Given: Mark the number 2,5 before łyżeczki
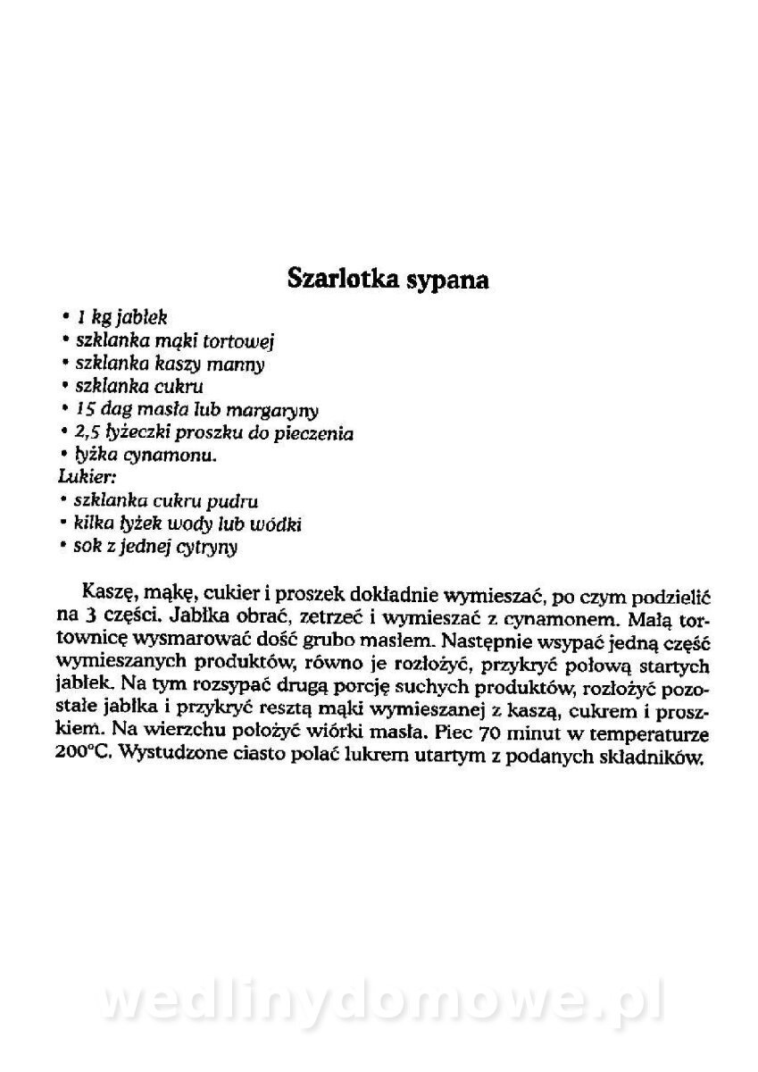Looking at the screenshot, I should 88,433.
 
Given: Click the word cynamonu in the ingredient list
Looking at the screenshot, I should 178,456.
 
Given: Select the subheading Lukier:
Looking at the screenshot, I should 80,477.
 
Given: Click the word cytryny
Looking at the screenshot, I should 206,547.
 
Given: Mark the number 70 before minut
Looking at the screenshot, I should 512,735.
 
